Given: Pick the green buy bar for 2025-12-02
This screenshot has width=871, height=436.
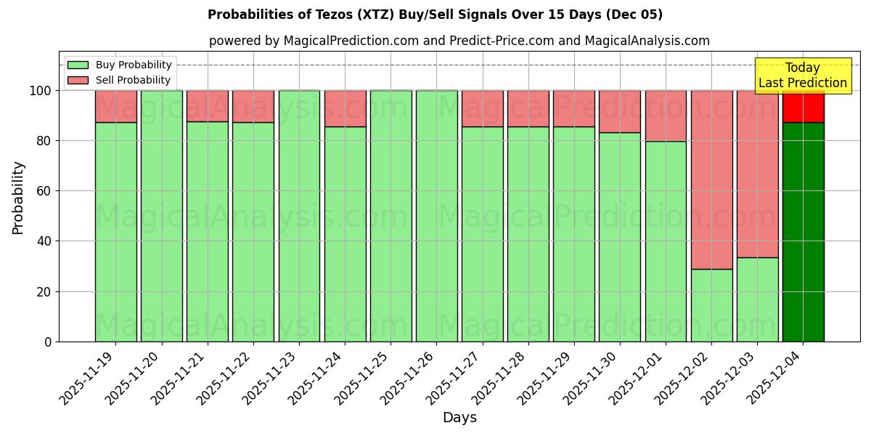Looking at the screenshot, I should pos(711,305).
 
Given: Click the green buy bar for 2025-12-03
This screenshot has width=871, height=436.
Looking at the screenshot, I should pos(757,299).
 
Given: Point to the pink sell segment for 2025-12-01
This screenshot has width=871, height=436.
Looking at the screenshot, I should pos(666,116).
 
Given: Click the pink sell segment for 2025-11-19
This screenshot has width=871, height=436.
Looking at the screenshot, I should pos(115,106).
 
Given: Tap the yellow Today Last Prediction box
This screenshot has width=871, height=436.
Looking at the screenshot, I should pos(802,76).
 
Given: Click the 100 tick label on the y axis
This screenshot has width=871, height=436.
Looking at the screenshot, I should pos(41,91).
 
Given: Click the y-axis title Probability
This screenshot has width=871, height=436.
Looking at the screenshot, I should pos(18,198).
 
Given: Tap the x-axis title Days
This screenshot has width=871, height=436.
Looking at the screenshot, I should pos(459,418).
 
